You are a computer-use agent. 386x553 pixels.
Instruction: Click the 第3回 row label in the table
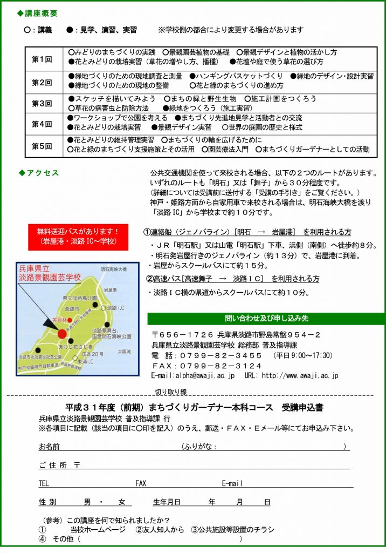42,103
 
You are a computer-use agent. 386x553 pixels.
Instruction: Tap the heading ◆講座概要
37,13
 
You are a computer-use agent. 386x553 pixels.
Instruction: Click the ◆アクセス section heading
39,173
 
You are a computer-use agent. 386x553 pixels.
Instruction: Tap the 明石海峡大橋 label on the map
113,269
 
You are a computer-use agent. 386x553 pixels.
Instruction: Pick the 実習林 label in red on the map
58,320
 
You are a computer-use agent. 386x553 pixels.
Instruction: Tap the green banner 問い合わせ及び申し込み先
266,318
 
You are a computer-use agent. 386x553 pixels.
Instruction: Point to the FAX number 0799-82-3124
207,366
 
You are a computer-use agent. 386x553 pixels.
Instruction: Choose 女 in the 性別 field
122,502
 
